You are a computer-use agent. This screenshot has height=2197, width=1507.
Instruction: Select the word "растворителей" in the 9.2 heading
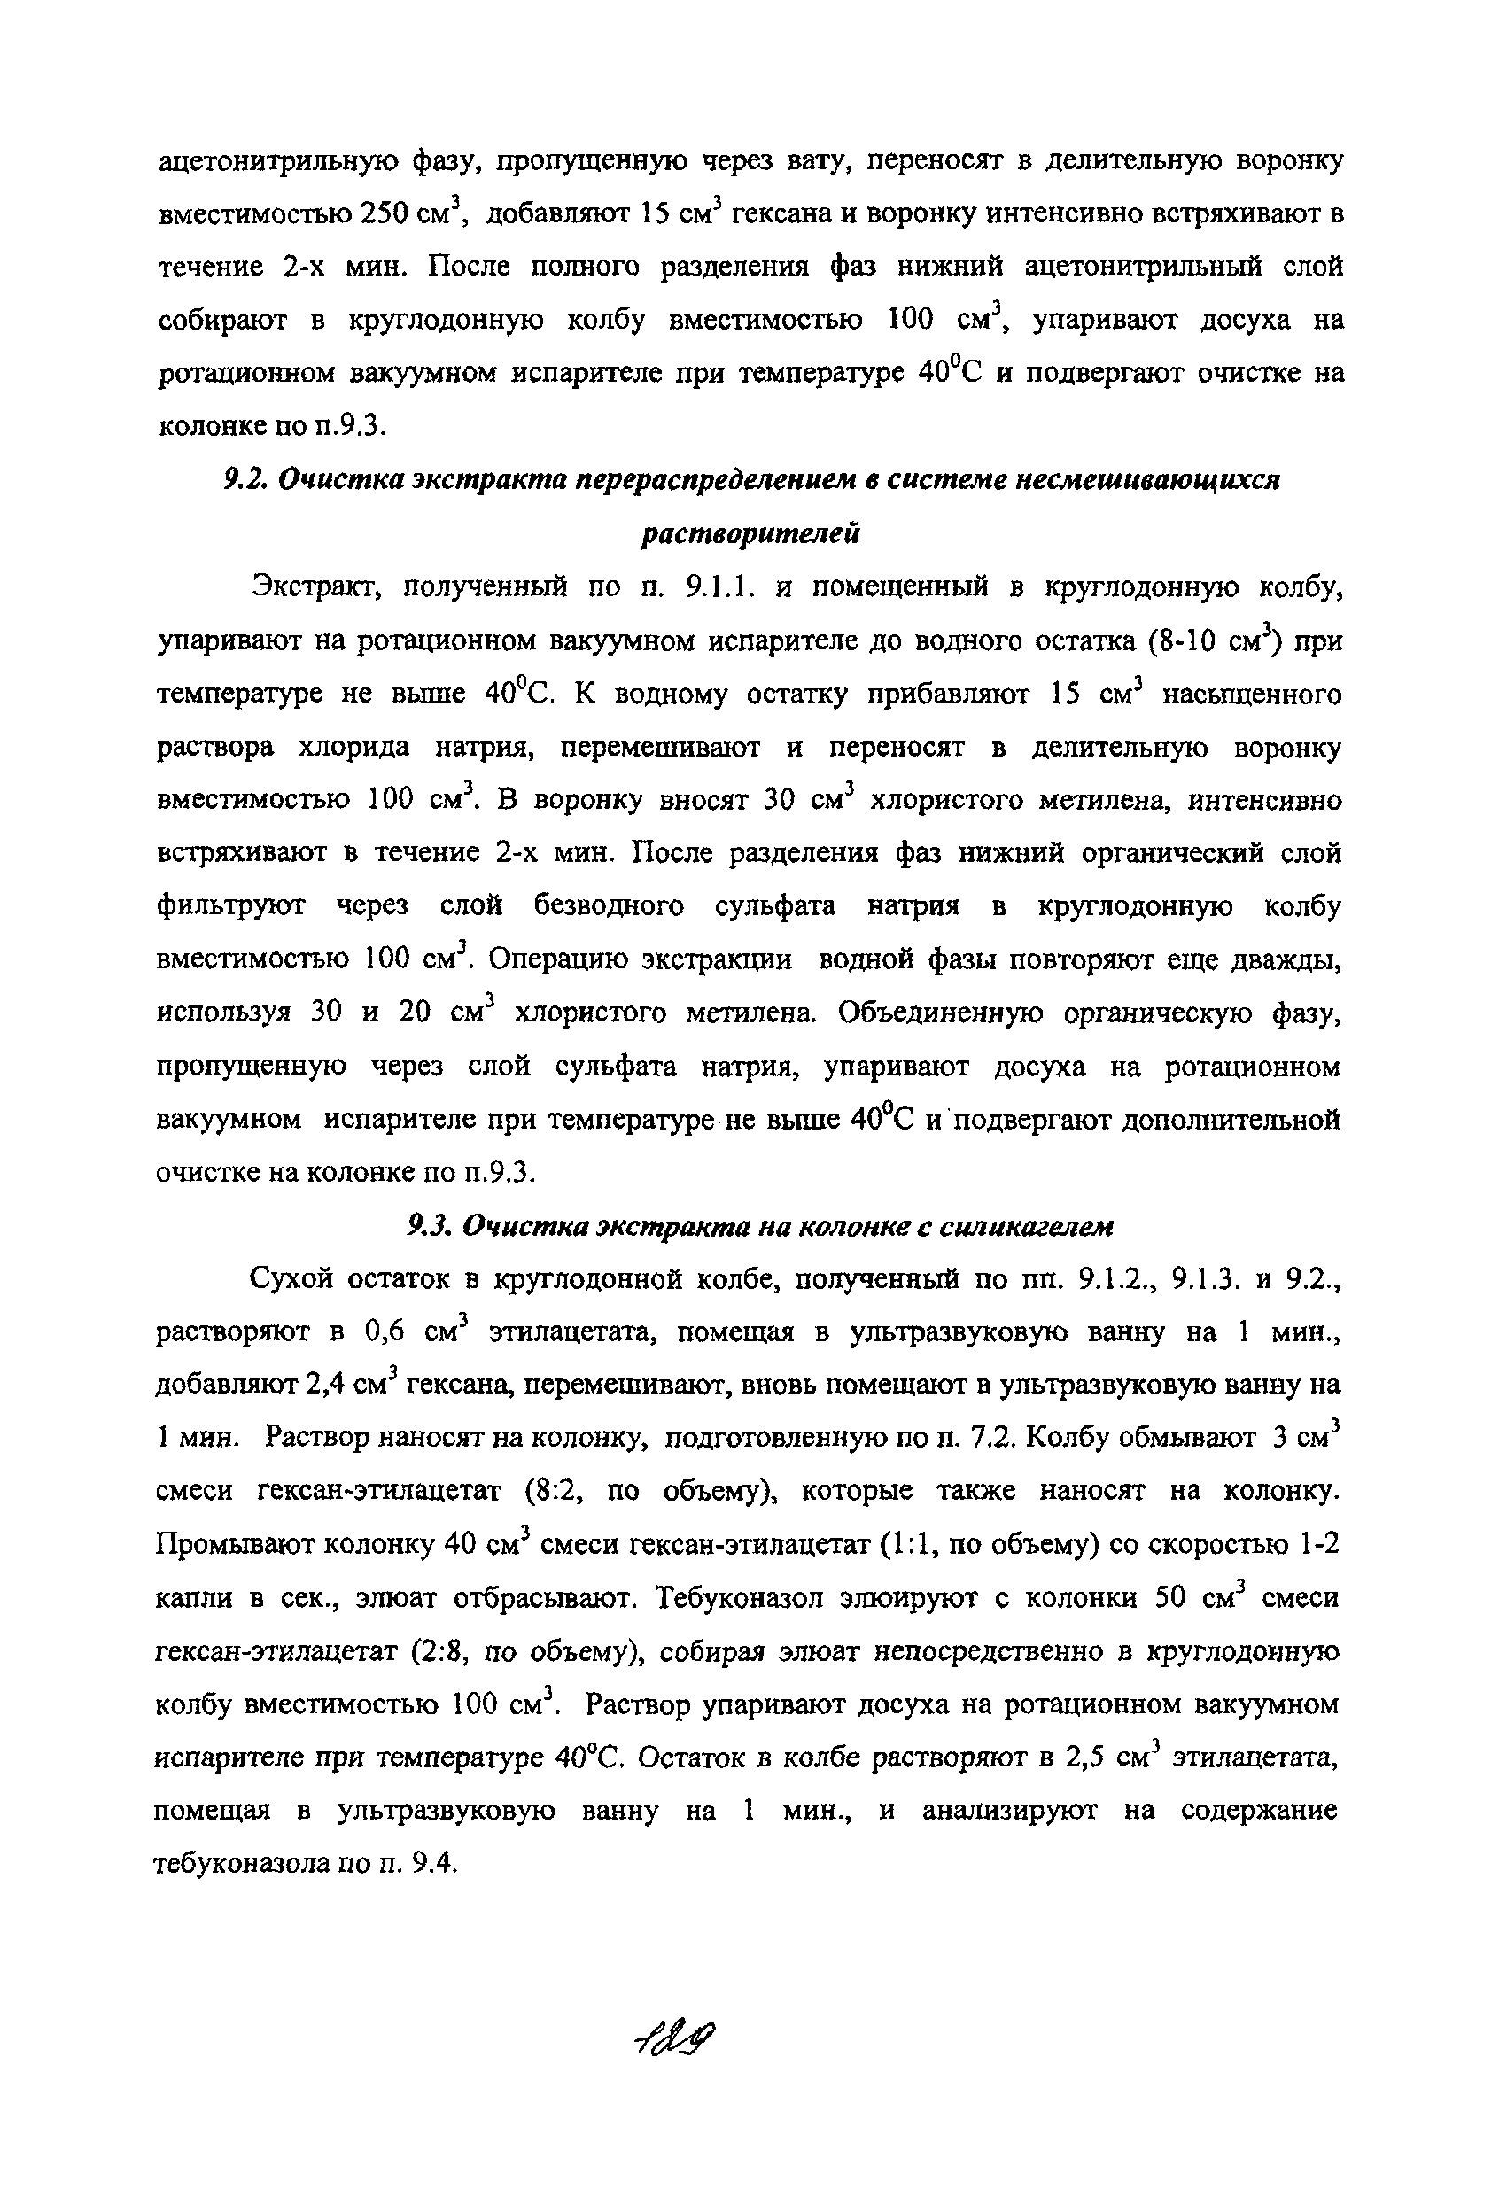750,534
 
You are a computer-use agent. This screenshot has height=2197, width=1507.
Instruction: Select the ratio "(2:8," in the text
443,1651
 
